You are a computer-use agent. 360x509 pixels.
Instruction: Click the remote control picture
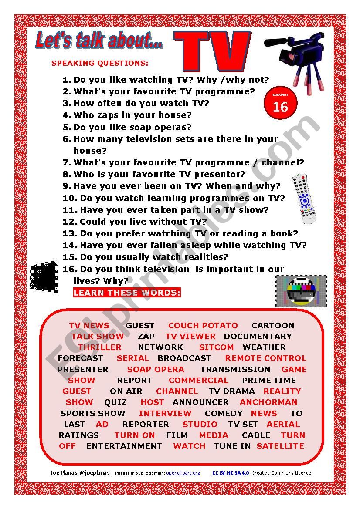(304, 199)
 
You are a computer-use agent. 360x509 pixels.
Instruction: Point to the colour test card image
(301, 290)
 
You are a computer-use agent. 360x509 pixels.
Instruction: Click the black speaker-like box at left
(44, 275)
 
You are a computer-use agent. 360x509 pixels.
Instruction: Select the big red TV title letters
(212, 51)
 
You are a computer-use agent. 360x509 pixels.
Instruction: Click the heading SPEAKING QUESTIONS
(100, 63)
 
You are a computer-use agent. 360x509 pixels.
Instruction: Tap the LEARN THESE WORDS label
(127, 293)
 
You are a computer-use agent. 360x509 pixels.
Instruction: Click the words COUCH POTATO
(203, 326)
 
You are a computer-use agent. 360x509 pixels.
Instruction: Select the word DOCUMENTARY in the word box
(258, 337)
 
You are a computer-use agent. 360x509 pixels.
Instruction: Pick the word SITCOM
(216, 347)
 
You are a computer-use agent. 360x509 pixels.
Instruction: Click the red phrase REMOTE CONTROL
(265, 358)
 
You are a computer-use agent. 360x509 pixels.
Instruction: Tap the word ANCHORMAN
(268, 402)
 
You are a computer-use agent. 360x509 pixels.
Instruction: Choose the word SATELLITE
(280, 446)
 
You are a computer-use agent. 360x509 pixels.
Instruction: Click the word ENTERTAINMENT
(124, 446)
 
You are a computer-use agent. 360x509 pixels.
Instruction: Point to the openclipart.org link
(183, 473)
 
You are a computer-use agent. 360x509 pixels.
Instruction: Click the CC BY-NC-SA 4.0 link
(231, 473)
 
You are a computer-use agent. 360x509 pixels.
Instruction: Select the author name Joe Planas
(65, 473)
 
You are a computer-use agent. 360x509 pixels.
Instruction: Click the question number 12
(70, 222)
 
